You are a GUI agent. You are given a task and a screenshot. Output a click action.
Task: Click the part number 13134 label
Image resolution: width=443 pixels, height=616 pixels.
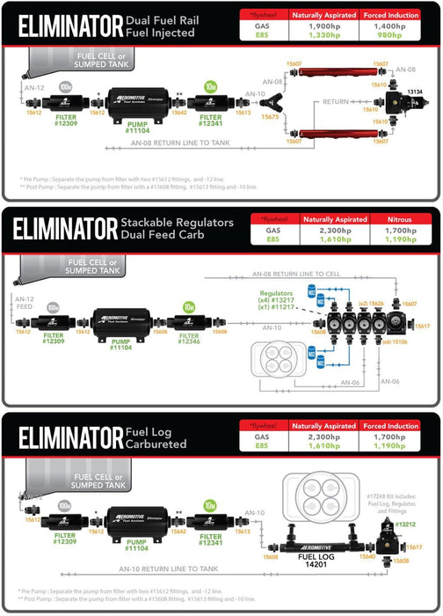pyautogui.click(x=415, y=92)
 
